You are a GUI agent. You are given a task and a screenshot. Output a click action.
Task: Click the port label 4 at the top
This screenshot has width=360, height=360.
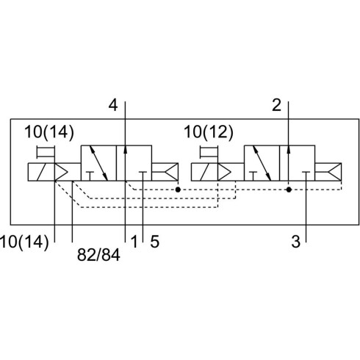tap(113, 106)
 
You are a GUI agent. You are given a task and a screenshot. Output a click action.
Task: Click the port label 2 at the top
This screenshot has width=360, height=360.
tap(276, 106)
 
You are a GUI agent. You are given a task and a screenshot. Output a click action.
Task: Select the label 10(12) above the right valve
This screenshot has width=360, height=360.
tap(209, 132)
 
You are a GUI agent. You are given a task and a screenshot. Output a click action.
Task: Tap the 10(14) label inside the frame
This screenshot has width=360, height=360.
tap(49, 132)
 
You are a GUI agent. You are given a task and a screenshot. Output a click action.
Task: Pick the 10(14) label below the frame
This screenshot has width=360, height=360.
tap(24, 242)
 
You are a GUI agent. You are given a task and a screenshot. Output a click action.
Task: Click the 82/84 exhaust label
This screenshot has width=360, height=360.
tap(98, 255)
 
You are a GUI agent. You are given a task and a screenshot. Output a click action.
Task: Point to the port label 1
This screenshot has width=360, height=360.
tap(134, 242)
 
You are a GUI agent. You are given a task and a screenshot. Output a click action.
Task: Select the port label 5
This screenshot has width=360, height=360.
tap(155, 242)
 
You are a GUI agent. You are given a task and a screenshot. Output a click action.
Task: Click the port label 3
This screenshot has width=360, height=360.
tap(295, 242)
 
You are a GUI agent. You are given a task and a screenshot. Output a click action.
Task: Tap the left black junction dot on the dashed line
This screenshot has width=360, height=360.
tap(178, 190)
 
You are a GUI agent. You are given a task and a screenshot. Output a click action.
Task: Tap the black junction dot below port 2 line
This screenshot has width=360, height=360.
tap(289, 190)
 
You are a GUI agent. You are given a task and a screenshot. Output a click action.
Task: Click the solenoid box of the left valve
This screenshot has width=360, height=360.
tap(41, 172)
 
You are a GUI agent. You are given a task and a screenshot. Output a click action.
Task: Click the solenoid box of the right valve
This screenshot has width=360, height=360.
tap(204, 172)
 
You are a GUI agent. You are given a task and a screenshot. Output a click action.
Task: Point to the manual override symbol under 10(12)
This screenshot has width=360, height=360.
tap(209, 152)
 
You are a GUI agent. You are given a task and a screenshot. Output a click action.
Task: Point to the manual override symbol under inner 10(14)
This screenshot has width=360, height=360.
tap(46, 152)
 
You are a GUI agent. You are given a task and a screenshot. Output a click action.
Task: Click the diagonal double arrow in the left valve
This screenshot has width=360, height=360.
tap(98, 163)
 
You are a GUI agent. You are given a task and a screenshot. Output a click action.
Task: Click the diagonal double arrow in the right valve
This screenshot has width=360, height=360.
tap(262, 163)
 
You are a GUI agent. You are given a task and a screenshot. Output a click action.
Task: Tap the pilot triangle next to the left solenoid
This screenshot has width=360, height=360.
tap(61, 172)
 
